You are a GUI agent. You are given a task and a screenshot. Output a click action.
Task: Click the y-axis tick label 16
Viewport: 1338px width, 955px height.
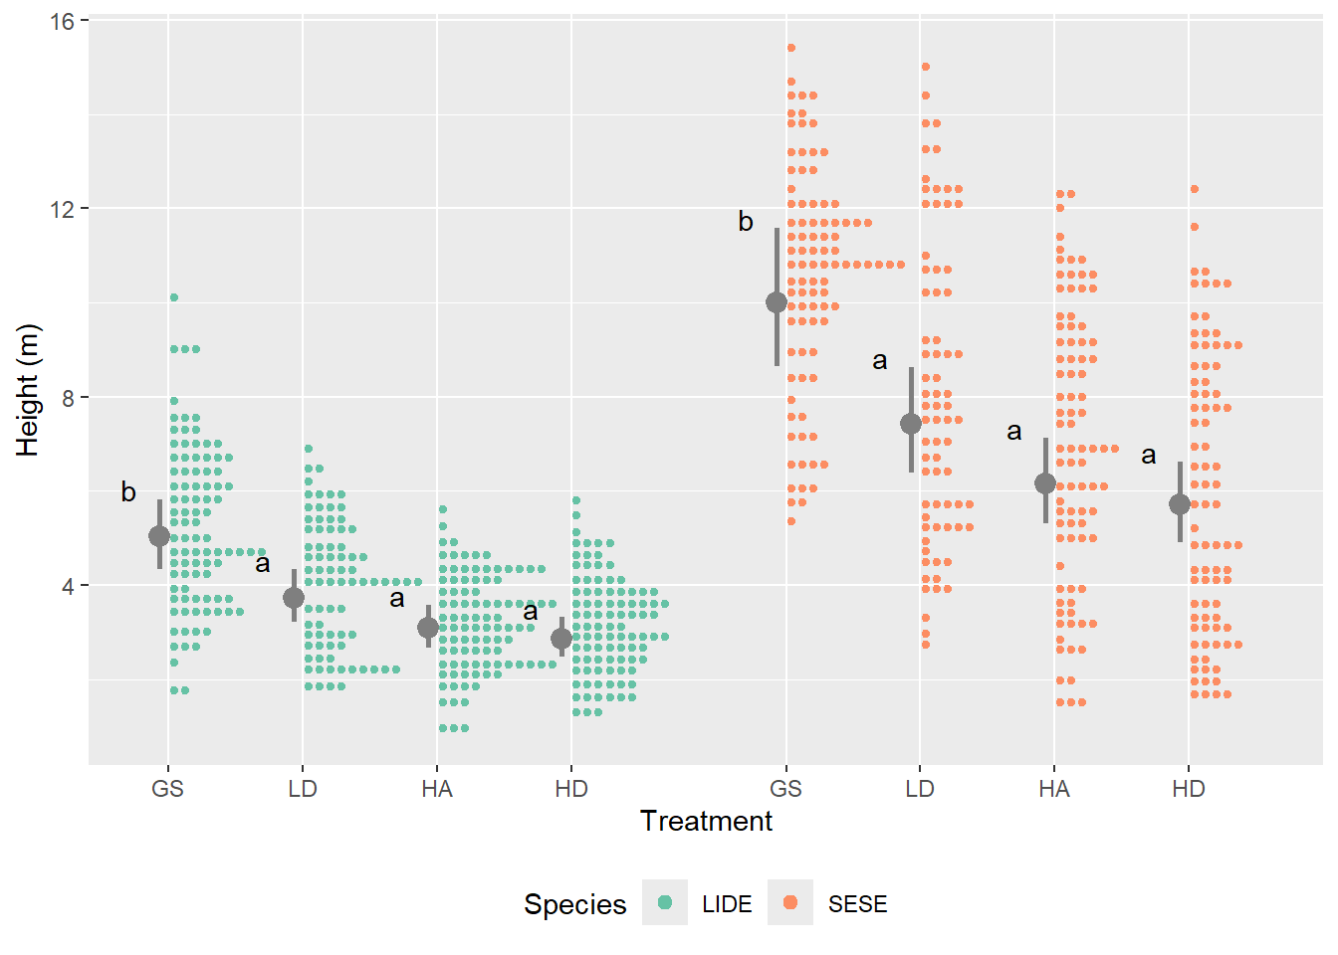pyautogui.click(x=62, y=21)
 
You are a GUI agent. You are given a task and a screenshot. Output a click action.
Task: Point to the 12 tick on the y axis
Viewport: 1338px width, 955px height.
pyautogui.click(x=62, y=209)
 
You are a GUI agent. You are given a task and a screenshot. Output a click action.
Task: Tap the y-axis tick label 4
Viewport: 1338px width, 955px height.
pyautogui.click(x=68, y=586)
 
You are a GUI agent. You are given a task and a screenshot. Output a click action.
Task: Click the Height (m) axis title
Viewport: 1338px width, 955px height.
pyautogui.click(x=28, y=390)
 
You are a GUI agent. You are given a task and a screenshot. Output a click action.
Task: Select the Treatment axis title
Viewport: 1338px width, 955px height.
pyautogui.click(x=706, y=821)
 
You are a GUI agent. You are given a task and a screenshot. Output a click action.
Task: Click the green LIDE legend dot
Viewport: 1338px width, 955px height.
pyautogui.click(x=665, y=902)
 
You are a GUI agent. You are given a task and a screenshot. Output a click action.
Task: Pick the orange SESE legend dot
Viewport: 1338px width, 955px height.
pyautogui.click(x=790, y=902)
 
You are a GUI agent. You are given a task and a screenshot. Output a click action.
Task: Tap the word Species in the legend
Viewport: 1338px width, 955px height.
pyautogui.click(x=574, y=904)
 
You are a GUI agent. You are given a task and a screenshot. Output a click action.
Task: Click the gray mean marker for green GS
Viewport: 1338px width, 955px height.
pyautogui.click(x=159, y=536)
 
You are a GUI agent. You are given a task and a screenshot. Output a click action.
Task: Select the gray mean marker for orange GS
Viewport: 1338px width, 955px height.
pyautogui.click(x=777, y=302)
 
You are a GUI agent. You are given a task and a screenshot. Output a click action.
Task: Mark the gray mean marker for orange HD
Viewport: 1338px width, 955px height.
pyautogui.click(x=1180, y=504)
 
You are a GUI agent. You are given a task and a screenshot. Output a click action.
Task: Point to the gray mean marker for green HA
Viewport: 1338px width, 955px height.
pyautogui.click(x=428, y=628)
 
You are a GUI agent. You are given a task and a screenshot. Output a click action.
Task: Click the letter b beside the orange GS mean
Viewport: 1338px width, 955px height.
pyautogui.click(x=746, y=222)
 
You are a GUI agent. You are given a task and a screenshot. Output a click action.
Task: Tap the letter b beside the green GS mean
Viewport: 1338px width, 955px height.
pyautogui.click(x=128, y=491)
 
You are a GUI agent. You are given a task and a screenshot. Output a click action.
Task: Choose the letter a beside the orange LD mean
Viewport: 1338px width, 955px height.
pyautogui.click(x=880, y=360)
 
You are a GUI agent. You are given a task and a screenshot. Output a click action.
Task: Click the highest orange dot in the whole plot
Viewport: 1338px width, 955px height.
pyautogui.click(x=791, y=48)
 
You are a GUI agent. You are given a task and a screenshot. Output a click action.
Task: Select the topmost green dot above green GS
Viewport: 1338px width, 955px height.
pyautogui.click(x=174, y=297)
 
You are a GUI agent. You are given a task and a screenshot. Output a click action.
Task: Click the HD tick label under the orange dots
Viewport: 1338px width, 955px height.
pyautogui.click(x=1189, y=789)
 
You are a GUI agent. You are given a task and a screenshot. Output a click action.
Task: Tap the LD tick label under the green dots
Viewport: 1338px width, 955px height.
pyautogui.click(x=303, y=789)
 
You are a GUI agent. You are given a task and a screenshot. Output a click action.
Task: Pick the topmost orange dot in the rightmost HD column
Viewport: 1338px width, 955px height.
pyautogui.click(x=1195, y=189)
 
